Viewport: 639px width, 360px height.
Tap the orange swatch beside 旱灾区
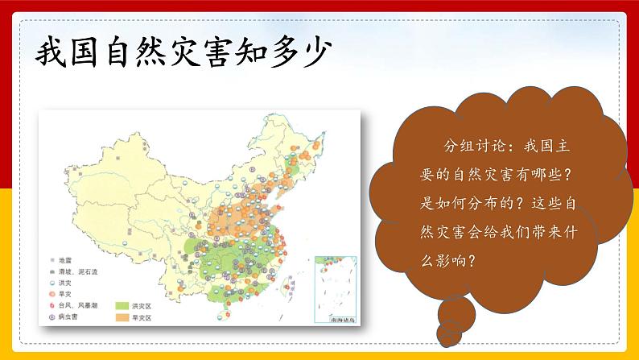coord(122,318)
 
